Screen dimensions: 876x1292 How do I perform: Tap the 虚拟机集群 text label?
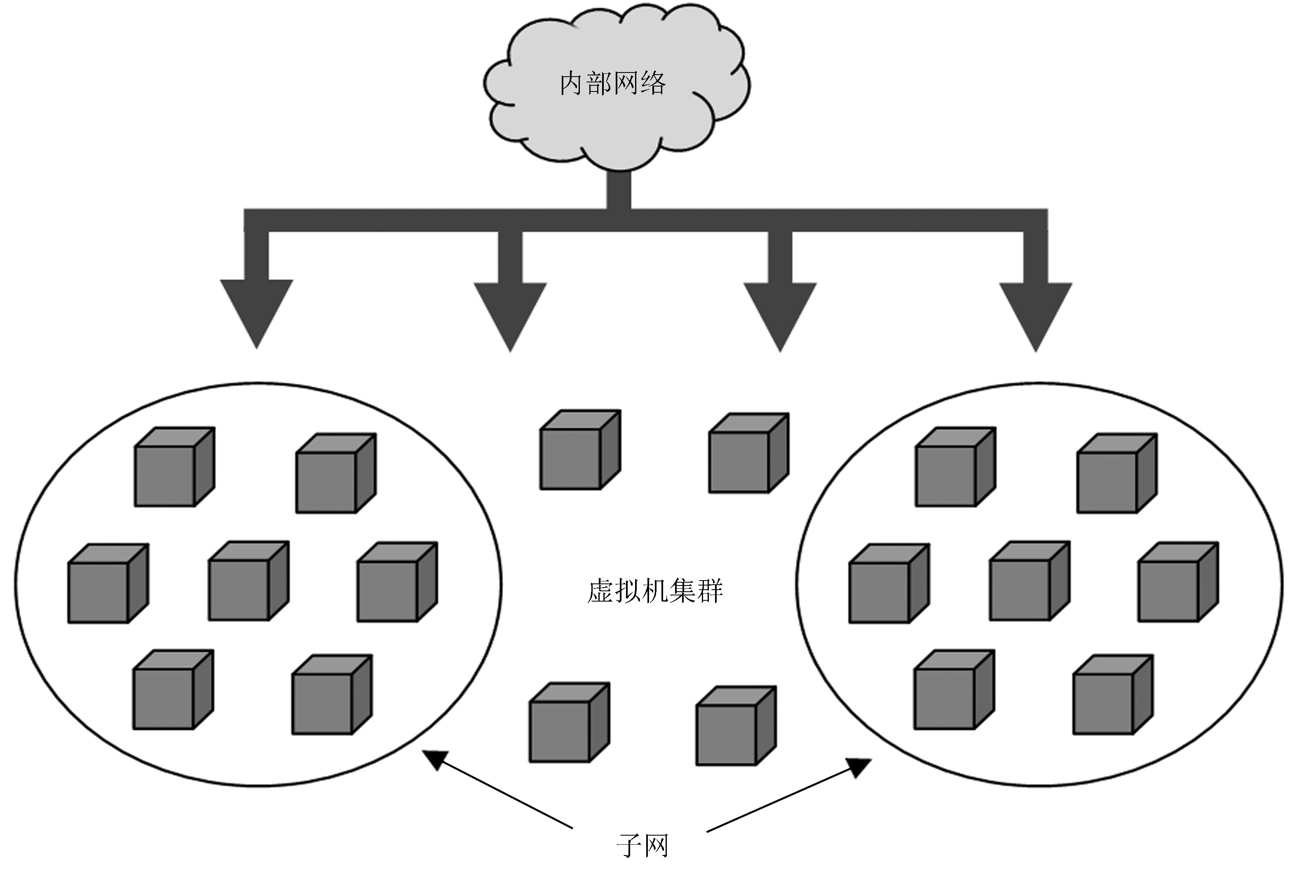(x=655, y=591)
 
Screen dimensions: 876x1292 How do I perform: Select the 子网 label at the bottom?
(x=642, y=846)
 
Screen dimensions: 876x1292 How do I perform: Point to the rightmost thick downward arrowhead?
(x=1036, y=314)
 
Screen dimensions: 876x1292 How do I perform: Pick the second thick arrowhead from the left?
(x=510, y=314)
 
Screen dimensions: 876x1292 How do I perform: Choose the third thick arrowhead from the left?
(x=780, y=314)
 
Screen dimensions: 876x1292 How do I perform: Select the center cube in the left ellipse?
(x=249, y=581)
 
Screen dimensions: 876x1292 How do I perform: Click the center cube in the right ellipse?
(x=1029, y=581)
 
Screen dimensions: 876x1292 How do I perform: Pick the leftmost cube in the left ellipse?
(x=108, y=583)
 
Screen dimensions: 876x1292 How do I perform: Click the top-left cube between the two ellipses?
(x=580, y=450)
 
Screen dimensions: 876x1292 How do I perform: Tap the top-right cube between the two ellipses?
(x=748, y=453)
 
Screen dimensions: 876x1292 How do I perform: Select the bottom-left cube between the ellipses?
(x=569, y=723)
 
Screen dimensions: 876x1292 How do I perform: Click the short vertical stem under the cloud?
(x=619, y=190)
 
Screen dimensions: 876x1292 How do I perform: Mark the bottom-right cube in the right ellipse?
(x=1113, y=695)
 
